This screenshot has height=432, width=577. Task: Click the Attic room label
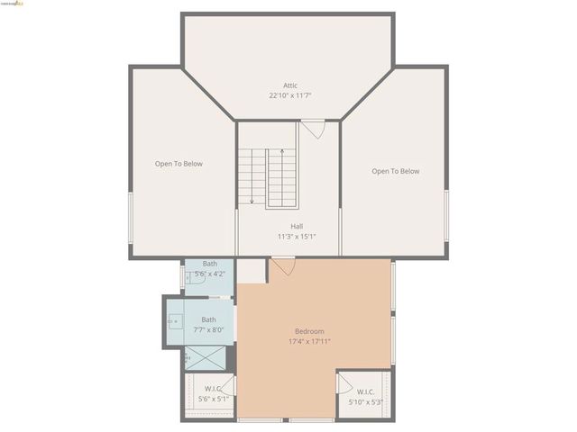click(x=289, y=85)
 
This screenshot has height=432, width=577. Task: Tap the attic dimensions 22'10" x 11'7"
click(x=289, y=95)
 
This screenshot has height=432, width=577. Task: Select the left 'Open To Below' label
click(x=179, y=164)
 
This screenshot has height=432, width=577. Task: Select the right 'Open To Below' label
click(x=396, y=171)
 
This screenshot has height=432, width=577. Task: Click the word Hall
click(x=297, y=226)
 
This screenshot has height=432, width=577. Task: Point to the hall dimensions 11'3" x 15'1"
click(x=297, y=237)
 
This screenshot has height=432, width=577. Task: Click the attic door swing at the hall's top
click(x=312, y=129)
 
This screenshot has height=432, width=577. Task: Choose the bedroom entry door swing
click(x=283, y=266)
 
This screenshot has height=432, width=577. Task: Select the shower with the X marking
click(x=206, y=358)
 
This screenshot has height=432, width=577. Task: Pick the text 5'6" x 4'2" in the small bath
click(x=210, y=274)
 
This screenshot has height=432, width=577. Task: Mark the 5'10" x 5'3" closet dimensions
click(x=366, y=402)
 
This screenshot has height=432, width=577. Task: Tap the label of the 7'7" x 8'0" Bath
click(x=208, y=319)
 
